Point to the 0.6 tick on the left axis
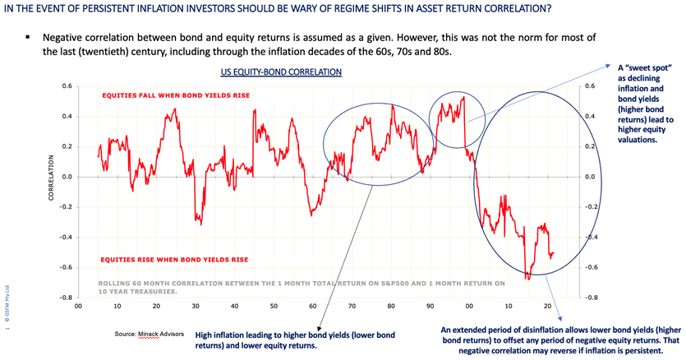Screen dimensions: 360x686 tap(65, 86)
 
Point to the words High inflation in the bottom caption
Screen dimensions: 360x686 tap(221, 335)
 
